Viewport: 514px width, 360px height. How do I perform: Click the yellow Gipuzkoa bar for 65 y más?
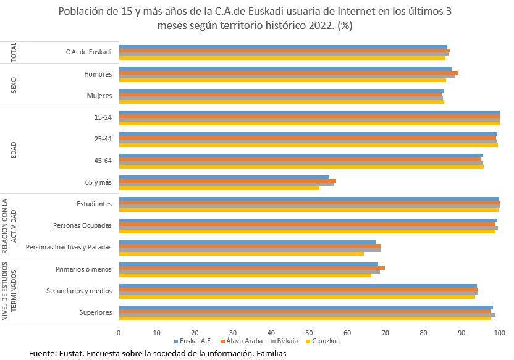coord(219,188)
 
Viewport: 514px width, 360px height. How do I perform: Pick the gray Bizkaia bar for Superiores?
coord(306,315)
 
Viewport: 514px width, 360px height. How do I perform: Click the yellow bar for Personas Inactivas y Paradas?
coord(241,253)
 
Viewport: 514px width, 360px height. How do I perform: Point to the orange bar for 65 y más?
coord(227,181)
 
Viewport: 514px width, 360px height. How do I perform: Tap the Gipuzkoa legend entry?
coord(326,341)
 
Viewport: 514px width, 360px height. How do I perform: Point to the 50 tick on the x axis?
coord(309,332)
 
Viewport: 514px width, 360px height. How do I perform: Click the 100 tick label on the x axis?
coord(499,332)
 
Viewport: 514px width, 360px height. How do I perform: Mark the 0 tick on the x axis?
coord(119,332)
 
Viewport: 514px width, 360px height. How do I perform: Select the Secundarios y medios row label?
coord(79,290)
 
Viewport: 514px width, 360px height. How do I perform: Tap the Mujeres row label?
coord(98,96)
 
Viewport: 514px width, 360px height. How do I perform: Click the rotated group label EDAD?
coord(14,150)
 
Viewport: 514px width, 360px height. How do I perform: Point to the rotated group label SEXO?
coord(14,85)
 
